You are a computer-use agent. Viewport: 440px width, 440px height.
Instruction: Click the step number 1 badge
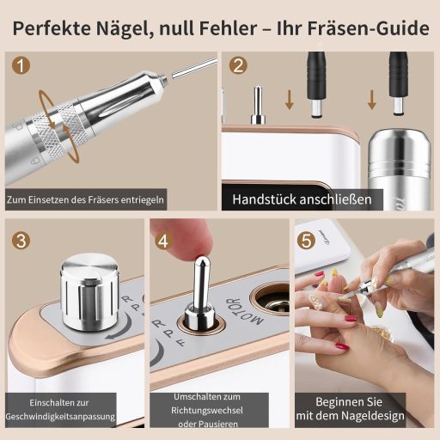(21, 65)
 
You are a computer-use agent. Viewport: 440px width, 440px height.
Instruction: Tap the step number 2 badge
(238, 65)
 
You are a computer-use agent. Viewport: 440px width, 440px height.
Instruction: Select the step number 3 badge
(21, 241)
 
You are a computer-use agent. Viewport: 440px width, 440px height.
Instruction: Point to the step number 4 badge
(163, 241)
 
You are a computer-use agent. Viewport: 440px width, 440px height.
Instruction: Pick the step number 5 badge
(306, 241)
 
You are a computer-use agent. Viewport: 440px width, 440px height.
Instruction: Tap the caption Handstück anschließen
(302, 199)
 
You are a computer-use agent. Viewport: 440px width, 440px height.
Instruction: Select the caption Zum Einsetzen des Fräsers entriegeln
(85, 199)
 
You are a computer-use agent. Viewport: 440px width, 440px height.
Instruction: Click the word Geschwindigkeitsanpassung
(60, 417)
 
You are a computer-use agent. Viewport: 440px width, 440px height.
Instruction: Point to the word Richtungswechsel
(207, 410)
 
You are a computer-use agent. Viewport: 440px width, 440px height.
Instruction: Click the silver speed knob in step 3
(89, 291)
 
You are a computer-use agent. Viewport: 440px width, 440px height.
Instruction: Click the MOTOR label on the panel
(245, 312)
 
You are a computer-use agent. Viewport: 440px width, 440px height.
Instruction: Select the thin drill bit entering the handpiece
(194, 68)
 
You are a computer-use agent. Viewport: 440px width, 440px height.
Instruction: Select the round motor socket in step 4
(271, 299)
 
